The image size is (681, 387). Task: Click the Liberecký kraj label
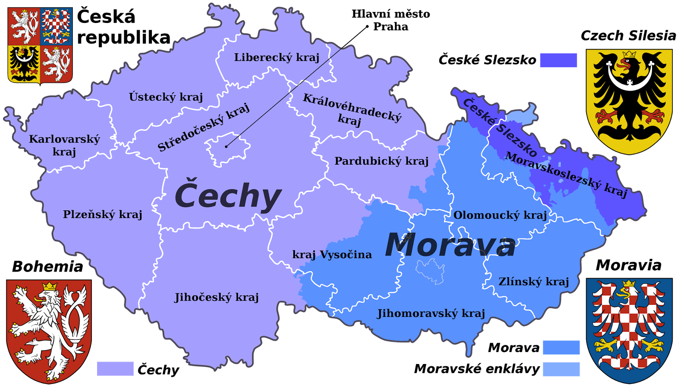pyautogui.click(x=277, y=57)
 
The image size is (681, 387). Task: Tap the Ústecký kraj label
pyautogui.click(x=166, y=97)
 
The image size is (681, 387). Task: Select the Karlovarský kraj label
pyautogui.click(x=64, y=145)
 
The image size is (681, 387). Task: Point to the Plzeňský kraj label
pyautogui.click(x=103, y=214)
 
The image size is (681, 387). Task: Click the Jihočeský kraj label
pyautogui.click(x=217, y=297)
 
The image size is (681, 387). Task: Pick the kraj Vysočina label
pyautogui.click(x=332, y=255)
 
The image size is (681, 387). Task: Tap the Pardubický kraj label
pyautogui.click(x=381, y=161)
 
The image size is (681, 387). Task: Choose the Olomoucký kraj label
pyautogui.click(x=500, y=215)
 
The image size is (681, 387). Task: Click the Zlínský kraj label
pyautogui.click(x=534, y=281)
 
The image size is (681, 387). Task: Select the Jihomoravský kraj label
pyautogui.click(x=431, y=313)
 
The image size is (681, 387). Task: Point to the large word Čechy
pyautogui.click(x=228, y=196)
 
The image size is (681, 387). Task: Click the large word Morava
pyautogui.click(x=450, y=245)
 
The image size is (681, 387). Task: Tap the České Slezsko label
pyautogui.click(x=500, y=127)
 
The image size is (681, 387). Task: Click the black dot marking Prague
pyautogui.click(x=226, y=146)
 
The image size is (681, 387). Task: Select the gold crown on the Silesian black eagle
pyautogui.click(x=629, y=54)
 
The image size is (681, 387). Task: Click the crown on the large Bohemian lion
pyautogui.click(x=50, y=286)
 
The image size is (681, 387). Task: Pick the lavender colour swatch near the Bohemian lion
pyautogui.click(x=115, y=368)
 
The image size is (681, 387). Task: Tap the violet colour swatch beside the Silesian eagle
pyautogui.click(x=558, y=60)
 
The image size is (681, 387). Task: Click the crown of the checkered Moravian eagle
pyautogui.click(x=629, y=284)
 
